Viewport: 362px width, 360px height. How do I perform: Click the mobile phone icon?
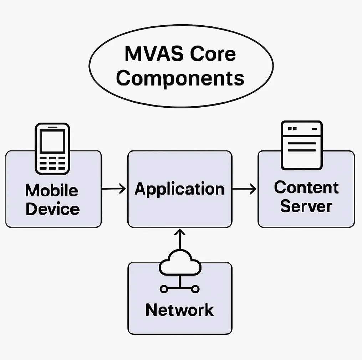52,149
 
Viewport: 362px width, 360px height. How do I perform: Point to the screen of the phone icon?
52,141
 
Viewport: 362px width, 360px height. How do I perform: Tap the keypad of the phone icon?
52,163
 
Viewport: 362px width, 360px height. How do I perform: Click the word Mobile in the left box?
52,190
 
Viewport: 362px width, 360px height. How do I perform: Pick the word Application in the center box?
180,189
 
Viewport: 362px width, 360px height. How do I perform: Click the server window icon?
301,145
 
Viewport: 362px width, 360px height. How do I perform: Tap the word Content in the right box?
306,187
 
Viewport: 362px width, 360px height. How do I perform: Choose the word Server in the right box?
306,206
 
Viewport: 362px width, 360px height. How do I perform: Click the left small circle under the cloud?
164,289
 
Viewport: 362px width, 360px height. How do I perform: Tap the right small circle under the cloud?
195,289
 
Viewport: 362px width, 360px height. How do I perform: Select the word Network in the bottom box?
179,310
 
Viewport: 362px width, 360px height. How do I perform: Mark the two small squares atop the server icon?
292,128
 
